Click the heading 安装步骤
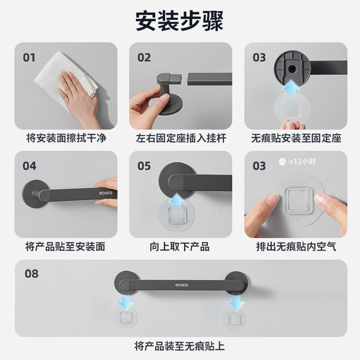click(x=179, y=21)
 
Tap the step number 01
click(x=29, y=58)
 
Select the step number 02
click(x=144, y=58)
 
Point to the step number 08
click(x=31, y=274)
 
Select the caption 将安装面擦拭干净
click(x=66, y=138)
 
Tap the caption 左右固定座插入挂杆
click(x=181, y=138)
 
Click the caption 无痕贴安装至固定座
click(x=296, y=138)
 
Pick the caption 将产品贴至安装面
click(x=65, y=247)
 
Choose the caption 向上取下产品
click(x=180, y=247)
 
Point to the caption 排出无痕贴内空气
click(x=296, y=247)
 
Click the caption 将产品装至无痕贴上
click(x=179, y=346)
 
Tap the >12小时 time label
click(x=302, y=162)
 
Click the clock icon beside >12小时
click(x=282, y=162)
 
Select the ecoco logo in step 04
click(x=106, y=193)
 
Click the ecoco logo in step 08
click(x=182, y=285)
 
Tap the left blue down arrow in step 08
click(x=126, y=301)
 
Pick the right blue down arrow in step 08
click(x=237, y=302)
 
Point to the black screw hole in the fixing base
click(x=292, y=68)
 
